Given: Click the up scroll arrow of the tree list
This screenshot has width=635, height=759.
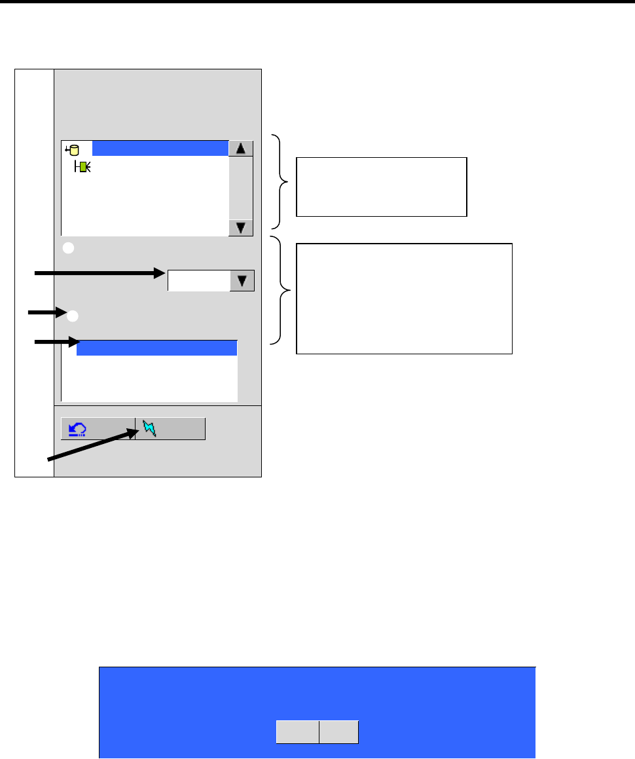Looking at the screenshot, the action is [x=241, y=148].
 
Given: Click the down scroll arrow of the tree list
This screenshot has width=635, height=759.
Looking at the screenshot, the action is [x=241, y=228].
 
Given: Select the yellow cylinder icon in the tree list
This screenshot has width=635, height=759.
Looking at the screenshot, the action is [x=72, y=149].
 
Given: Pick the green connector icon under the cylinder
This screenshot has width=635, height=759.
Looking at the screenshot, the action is [x=83, y=166].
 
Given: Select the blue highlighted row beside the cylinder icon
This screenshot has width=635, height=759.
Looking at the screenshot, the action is [x=160, y=148].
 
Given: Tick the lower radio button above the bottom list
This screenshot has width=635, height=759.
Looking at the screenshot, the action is [x=73, y=316].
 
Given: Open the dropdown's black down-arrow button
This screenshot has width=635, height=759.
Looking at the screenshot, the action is [x=242, y=280].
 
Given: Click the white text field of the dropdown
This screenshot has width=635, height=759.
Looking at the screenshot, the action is [x=199, y=280].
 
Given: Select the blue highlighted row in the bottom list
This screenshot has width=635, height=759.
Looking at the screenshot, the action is [x=156, y=348].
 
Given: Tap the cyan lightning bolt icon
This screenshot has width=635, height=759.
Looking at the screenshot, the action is [x=149, y=429].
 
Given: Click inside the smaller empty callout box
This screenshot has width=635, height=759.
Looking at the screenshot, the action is [x=381, y=187].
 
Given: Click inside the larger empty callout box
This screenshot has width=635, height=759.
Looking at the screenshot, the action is [x=404, y=298].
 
